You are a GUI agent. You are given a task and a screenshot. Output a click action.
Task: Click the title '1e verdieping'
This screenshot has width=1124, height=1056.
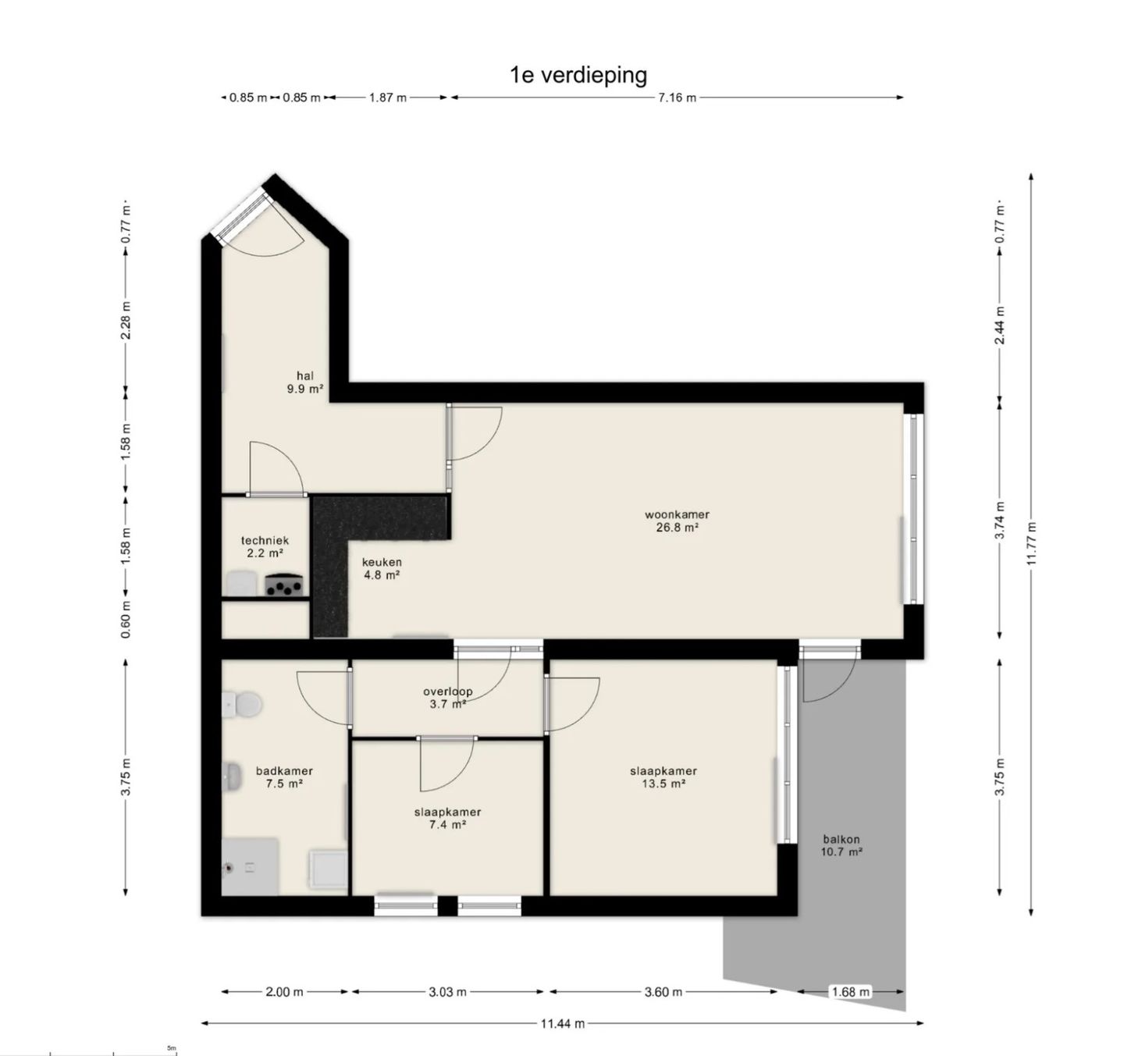(x=578, y=75)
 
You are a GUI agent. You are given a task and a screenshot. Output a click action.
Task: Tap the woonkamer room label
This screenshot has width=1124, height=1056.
(x=677, y=521)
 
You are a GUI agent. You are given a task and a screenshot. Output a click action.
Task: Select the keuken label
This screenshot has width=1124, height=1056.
(x=382, y=568)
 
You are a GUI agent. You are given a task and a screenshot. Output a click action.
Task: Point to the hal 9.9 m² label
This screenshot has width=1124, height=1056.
(x=305, y=382)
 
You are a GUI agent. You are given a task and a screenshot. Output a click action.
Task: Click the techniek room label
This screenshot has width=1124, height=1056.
(x=265, y=546)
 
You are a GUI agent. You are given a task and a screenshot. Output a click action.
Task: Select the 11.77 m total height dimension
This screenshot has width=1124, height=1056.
(x=1030, y=544)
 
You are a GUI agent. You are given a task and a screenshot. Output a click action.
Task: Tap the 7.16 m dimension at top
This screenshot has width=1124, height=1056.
(x=677, y=98)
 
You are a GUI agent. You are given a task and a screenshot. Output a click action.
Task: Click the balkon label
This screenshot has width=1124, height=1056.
(x=841, y=845)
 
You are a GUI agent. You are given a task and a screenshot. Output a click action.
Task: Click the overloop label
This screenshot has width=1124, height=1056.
(x=448, y=698)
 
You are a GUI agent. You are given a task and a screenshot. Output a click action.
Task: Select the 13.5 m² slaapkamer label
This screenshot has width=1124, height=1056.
(x=663, y=777)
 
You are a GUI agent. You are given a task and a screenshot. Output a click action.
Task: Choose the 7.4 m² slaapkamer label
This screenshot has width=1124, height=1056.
(x=448, y=818)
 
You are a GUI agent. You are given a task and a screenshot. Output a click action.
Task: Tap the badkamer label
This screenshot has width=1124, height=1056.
(x=284, y=777)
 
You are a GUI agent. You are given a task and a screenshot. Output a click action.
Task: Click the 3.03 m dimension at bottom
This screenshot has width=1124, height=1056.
(x=448, y=991)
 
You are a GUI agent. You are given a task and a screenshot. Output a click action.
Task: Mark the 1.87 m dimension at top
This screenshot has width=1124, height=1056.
(x=388, y=98)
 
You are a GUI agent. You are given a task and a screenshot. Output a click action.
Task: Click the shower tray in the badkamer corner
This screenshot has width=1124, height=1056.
(x=250, y=866)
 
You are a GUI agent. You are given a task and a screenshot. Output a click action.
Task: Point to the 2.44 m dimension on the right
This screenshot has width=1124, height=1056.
(x=1000, y=325)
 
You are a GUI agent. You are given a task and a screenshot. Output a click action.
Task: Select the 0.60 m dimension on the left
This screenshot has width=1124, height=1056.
(x=126, y=619)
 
